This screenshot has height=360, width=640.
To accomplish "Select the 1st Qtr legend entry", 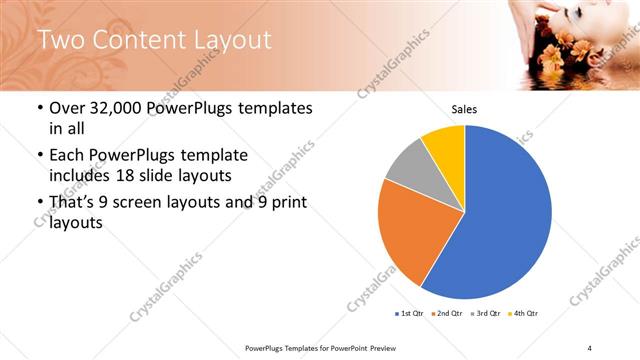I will coord(409,314).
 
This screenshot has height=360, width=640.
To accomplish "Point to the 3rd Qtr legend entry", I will coord(486,314).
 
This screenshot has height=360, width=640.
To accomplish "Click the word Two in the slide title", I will coord(62,40).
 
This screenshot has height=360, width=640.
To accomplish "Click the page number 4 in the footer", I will coord(590,347).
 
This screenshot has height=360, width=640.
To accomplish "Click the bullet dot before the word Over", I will coord(39,108).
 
